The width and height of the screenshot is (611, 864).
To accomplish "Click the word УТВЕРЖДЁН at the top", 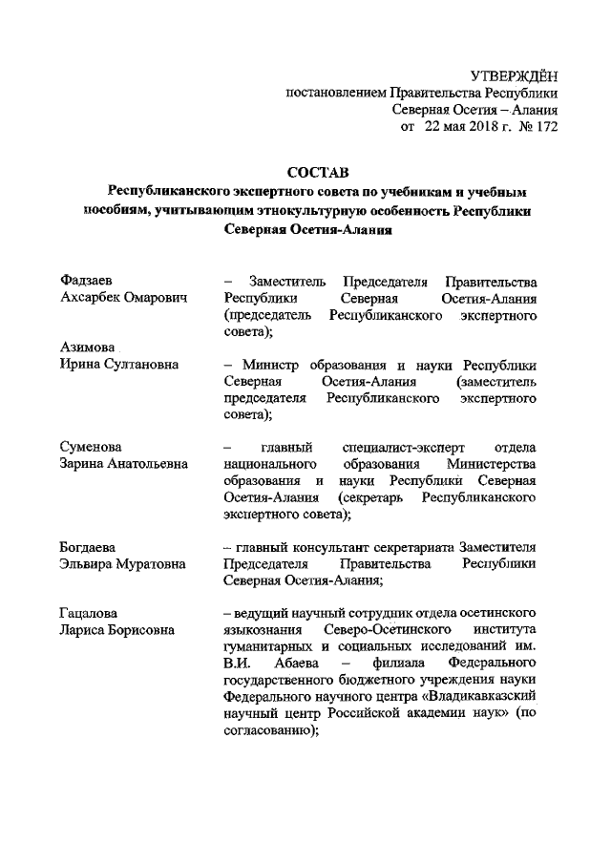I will (x=514, y=75).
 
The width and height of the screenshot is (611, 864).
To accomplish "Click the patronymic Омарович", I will (x=145, y=298).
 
